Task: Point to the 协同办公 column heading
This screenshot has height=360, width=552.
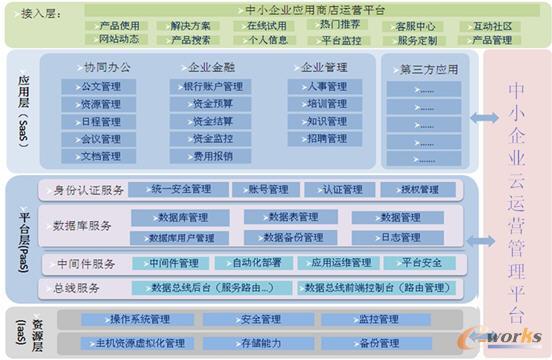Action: coord(107,68)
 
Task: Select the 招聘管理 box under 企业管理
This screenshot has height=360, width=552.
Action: coord(322,139)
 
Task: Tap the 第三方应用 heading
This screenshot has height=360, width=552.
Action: coord(429,70)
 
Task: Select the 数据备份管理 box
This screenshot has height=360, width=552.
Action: coord(294,237)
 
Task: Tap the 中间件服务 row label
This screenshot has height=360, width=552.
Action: coord(81,263)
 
